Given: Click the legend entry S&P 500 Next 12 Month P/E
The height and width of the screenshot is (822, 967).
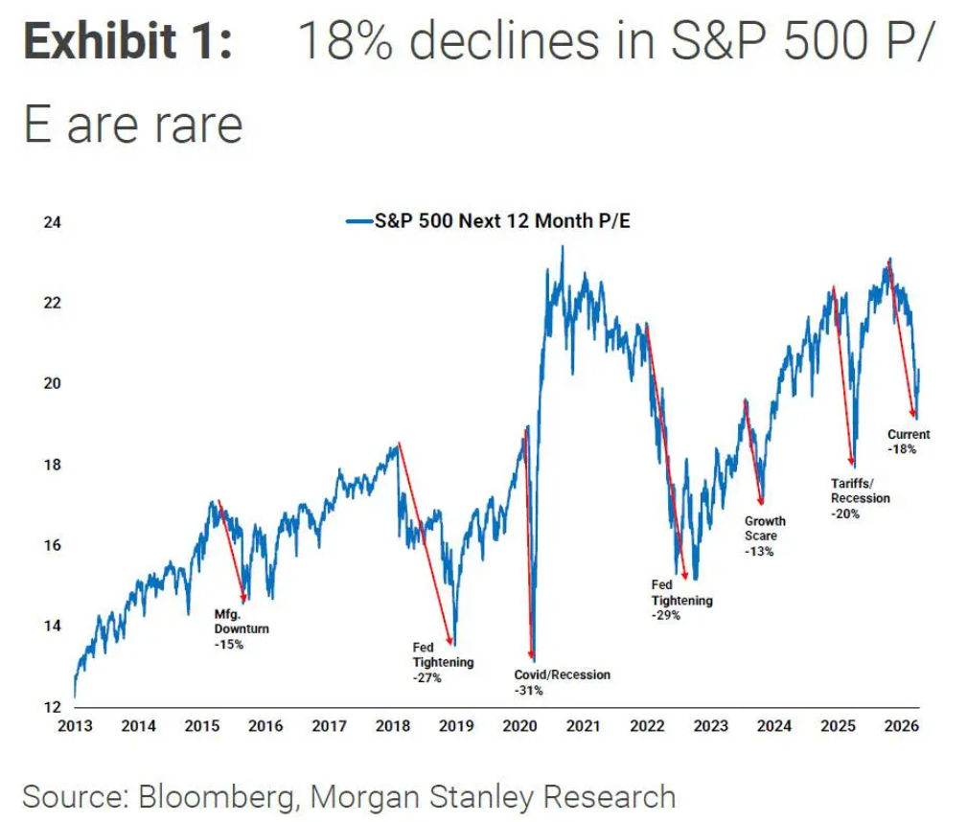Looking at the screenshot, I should pyautogui.click(x=489, y=221).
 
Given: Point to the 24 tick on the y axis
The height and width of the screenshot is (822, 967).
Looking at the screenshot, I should pyautogui.click(x=53, y=222).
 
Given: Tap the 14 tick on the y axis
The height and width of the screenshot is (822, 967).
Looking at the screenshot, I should pyautogui.click(x=53, y=626).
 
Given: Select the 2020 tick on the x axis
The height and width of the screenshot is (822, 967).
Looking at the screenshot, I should pyautogui.click(x=519, y=725).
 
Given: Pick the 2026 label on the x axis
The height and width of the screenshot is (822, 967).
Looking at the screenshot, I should pyautogui.click(x=901, y=725).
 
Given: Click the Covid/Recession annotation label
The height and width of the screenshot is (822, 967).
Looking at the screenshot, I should pyautogui.click(x=562, y=674).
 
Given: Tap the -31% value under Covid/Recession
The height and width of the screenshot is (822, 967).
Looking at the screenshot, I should pyautogui.click(x=529, y=690).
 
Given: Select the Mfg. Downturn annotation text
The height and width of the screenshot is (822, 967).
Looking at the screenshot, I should pyautogui.click(x=241, y=622).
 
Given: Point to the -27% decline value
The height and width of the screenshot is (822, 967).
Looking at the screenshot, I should pyautogui.click(x=427, y=678).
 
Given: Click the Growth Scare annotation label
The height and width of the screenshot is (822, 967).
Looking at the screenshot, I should pyautogui.click(x=765, y=528).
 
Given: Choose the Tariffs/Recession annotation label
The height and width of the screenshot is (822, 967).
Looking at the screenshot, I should pyautogui.click(x=860, y=491).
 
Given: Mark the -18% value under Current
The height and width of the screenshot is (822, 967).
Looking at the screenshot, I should pyautogui.click(x=904, y=448).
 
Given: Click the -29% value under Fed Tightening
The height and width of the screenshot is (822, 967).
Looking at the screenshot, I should pyautogui.click(x=666, y=616).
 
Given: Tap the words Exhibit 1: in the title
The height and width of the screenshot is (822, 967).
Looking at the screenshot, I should pyautogui.click(x=127, y=42).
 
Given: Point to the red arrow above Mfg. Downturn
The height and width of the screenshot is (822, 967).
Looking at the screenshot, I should pyautogui.click(x=233, y=551).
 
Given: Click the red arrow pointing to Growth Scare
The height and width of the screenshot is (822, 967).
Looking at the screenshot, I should pyautogui.click(x=753, y=451).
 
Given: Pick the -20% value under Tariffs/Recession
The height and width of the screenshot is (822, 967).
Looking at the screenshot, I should pyautogui.click(x=846, y=514).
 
